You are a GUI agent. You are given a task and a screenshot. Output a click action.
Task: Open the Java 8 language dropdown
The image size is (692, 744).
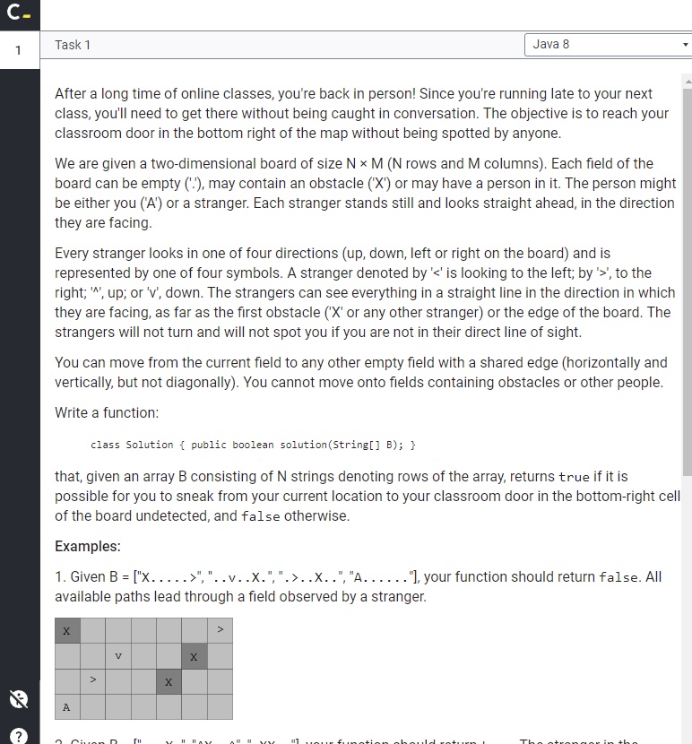[x=608, y=44]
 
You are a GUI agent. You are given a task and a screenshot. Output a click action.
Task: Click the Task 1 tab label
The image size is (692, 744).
[x=73, y=45]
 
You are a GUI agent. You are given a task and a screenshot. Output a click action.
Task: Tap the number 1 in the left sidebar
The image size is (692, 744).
[x=18, y=50]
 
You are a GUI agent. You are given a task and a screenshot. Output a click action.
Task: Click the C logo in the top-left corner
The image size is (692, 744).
[x=18, y=13]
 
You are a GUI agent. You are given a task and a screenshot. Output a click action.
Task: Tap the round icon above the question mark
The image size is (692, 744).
[x=18, y=699]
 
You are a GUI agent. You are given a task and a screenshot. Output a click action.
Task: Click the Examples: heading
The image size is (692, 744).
[x=88, y=546]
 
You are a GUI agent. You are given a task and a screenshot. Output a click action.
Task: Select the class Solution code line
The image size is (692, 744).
[x=253, y=445]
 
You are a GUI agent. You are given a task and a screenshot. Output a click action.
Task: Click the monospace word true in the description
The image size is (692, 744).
[x=574, y=477]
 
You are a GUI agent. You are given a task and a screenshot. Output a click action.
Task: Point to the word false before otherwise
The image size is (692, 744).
[x=261, y=516]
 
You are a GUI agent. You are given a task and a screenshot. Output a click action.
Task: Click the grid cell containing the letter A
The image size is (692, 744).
[x=66, y=707]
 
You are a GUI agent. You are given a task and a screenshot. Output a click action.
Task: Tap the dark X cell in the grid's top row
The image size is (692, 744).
[x=66, y=631]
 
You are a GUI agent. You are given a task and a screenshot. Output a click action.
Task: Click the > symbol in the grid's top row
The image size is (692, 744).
[x=219, y=631]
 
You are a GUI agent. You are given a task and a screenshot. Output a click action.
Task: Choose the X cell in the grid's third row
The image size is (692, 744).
[x=169, y=682]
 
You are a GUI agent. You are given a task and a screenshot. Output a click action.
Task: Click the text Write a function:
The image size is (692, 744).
[x=107, y=413]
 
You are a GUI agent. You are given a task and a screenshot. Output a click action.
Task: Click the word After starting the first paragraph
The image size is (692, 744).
[x=73, y=93]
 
